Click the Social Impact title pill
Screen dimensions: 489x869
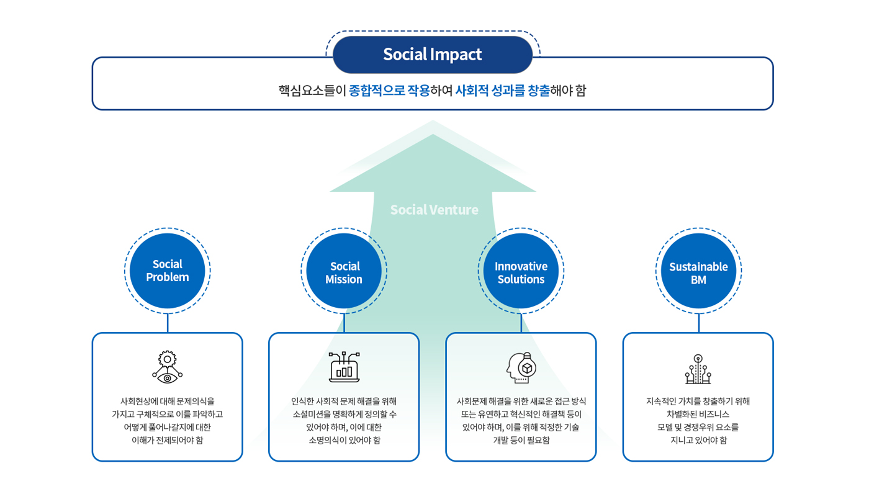coord(433,55)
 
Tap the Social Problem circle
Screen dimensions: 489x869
coord(168,271)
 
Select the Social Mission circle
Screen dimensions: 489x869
coord(344,271)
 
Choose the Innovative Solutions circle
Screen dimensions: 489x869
coord(521,271)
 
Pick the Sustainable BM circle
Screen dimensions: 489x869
coord(698,271)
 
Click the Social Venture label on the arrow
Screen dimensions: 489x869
coord(434,210)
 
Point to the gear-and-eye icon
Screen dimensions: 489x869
coord(168,367)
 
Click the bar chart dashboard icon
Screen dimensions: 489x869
coord(344,367)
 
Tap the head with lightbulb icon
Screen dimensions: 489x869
coord(521,368)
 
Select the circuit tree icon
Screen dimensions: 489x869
coord(698,369)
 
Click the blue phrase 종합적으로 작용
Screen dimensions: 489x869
coord(389,91)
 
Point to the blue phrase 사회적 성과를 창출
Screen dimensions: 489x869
coord(502,91)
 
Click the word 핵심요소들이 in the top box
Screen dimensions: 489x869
coord(312,91)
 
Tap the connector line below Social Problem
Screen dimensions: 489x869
coord(168,323)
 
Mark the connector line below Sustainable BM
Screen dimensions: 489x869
coord(698,323)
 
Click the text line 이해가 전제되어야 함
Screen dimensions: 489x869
coord(168,440)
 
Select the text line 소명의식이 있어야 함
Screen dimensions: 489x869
coord(344,440)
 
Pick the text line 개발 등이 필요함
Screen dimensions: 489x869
coord(521,440)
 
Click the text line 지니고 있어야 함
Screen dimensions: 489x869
coord(698,440)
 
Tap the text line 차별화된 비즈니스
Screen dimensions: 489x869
coord(698,414)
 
